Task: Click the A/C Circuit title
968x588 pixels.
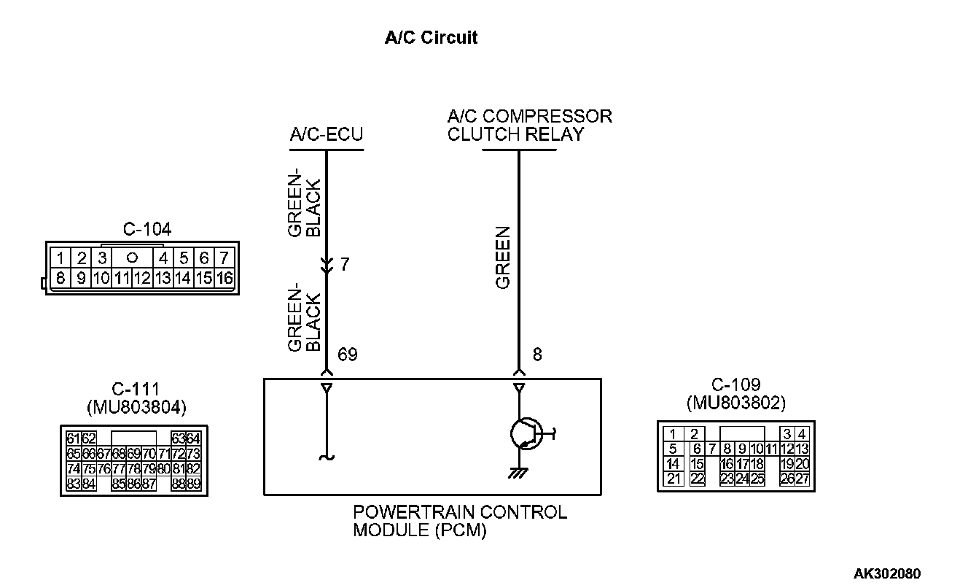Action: (x=431, y=38)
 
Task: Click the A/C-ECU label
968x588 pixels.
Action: (x=326, y=135)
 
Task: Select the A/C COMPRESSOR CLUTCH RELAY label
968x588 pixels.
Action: (x=529, y=125)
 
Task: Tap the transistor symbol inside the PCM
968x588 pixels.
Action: (x=526, y=434)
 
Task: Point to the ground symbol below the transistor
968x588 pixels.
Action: (x=519, y=473)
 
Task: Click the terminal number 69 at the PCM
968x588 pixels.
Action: (x=348, y=355)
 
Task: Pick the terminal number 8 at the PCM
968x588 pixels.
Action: (x=537, y=355)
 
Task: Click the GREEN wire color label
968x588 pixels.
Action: (x=503, y=258)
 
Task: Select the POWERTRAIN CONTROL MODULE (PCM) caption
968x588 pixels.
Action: (x=459, y=521)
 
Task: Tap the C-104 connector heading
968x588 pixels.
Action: (x=147, y=230)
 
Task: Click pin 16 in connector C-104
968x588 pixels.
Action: (x=224, y=277)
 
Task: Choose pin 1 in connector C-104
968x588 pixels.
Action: (x=61, y=258)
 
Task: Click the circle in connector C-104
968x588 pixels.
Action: (x=132, y=258)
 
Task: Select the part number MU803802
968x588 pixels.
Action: (x=736, y=402)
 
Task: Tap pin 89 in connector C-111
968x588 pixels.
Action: (x=193, y=483)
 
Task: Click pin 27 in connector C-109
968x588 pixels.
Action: (x=802, y=479)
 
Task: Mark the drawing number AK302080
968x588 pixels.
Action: (x=886, y=573)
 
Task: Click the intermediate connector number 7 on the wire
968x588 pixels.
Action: (x=345, y=264)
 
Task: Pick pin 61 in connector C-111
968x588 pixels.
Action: (x=73, y=438)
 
